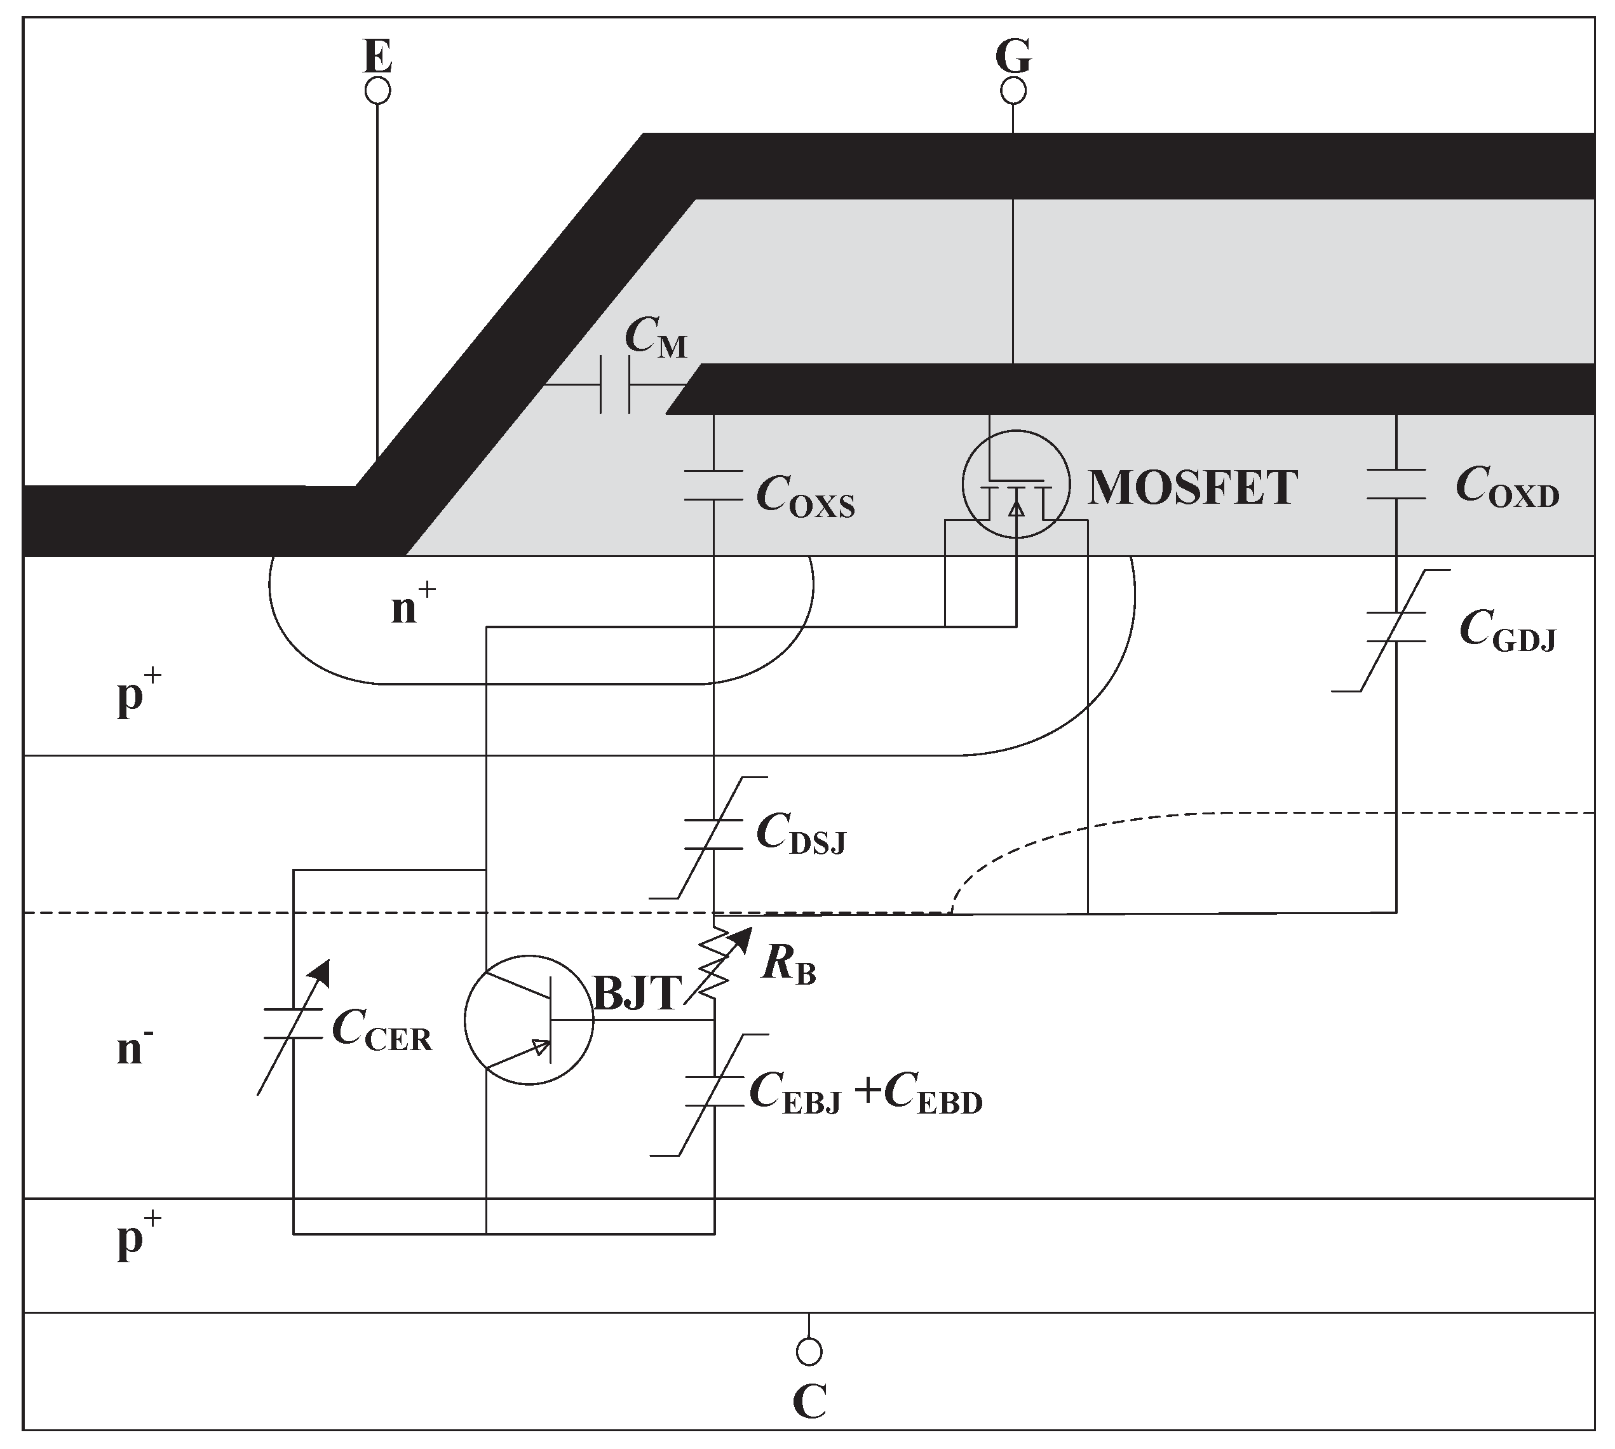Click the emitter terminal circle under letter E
(377, 91)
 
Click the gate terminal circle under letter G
(1013, 91)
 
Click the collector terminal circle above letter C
(809, 1351)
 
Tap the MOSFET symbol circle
(1015, 484)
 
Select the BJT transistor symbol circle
(529, 1019)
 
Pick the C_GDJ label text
(1507, 632)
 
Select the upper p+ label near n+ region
(139, 694)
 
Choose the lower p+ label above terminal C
(139, 1239)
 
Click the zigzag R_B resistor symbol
(714, 967)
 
